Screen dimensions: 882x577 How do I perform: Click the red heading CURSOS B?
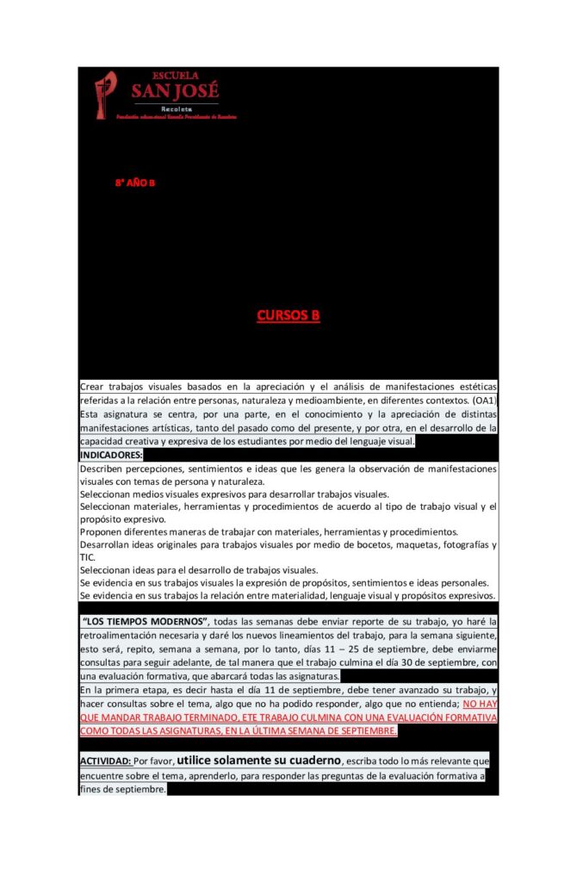pos(288,315)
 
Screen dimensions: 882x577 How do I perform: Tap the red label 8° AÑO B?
pos(135,183)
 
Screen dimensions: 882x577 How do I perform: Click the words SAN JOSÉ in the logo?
pos(175,90)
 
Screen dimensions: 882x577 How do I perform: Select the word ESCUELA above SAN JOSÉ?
pos(175,76)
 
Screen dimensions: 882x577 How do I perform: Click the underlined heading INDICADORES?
pos(112,455)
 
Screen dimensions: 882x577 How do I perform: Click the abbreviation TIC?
pos(87,557)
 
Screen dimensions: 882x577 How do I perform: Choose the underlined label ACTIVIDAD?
pos(106,761)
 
